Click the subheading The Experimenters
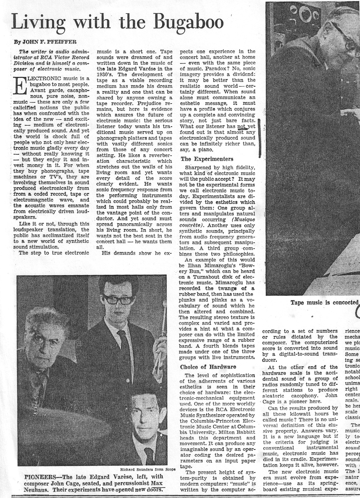point(207,159)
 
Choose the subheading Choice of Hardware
point(208,367)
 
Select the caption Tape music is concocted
point(324,302)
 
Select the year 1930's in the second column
point(106,74)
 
